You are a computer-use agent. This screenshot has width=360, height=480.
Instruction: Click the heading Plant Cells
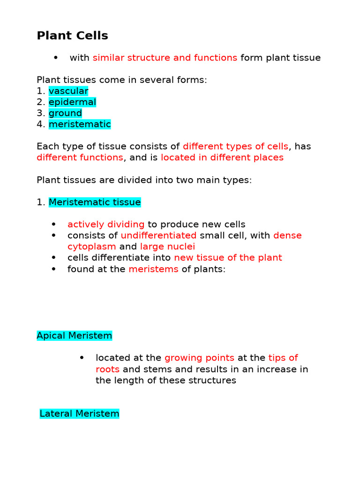(x=72, y=36)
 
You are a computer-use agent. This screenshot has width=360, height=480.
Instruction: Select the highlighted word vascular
(x=68, y=91)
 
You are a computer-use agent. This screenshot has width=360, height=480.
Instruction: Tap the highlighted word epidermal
(x=72, y=102)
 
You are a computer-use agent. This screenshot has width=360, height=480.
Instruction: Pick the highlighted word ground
(x=65, y=113)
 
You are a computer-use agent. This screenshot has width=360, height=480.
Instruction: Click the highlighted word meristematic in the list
(x=80, y=125)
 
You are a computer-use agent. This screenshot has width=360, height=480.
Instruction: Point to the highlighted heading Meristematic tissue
(x=95, y=202)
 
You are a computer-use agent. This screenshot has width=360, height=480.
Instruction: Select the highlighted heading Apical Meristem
(x=75, y=336)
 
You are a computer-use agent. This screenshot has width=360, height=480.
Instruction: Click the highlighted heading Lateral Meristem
(x=79, y=414)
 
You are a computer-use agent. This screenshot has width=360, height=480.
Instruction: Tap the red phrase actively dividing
(x=106, y=225)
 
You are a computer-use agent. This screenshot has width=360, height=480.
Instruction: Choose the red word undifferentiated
(x=158, y=235)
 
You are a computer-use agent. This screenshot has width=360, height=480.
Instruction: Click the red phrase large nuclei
(x=167, y=247)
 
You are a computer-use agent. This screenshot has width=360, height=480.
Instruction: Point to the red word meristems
(x=153, y=269)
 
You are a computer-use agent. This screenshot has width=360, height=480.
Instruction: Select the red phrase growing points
(x=199, y=358)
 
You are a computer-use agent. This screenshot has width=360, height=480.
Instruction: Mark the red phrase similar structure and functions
(x=165, y=58)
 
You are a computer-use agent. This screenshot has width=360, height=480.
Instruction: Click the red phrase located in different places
(x=222, y=157)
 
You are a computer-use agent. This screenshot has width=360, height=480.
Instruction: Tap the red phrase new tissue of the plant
(x=228, y=258)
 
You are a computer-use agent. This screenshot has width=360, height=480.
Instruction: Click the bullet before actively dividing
(x=54, y=225)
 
